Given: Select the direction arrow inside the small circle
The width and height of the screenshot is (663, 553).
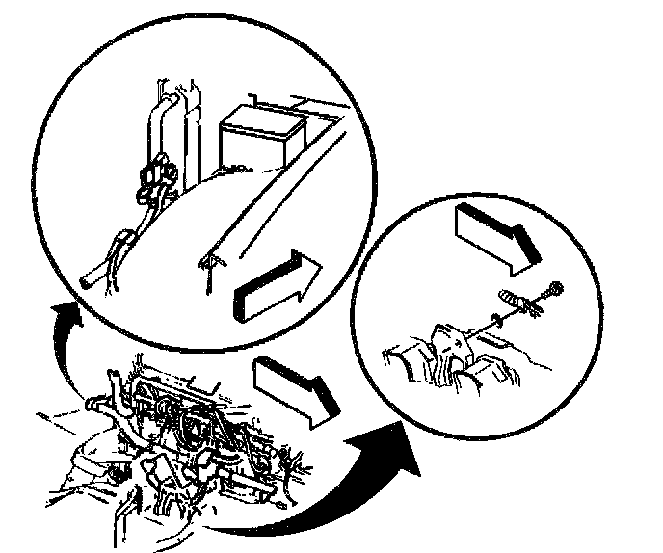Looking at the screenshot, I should tap(497, 237).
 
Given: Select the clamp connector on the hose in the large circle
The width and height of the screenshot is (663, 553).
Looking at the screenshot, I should tap(153, 178).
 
